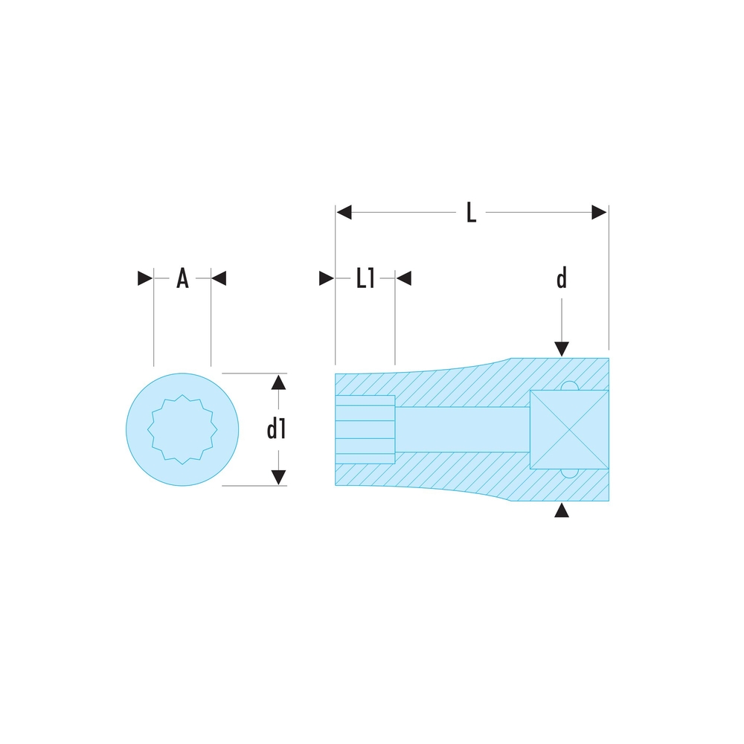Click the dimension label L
coord(471,212)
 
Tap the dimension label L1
coord(365,278)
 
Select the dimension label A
coord(183,278)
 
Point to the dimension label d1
coord(276,429)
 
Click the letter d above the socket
coord(561,278)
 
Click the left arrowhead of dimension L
coord(344,212)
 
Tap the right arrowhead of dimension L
coord(599,212)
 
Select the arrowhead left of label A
coord(145,278)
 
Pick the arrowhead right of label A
coord(219,278)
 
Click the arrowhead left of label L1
coord(327,278)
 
